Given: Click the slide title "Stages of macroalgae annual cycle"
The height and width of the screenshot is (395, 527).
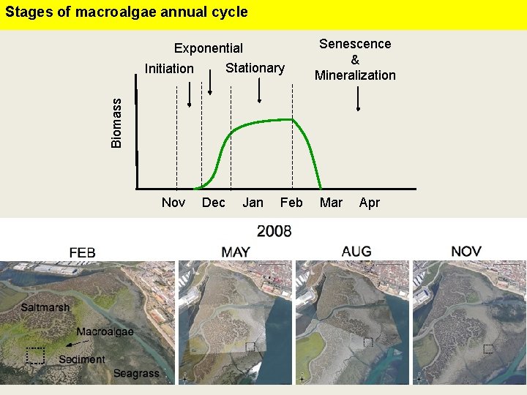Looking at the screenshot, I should [127, 12].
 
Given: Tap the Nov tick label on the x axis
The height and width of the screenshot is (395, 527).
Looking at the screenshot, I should [173, 203].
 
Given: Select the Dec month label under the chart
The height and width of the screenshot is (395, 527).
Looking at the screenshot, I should [213, 203].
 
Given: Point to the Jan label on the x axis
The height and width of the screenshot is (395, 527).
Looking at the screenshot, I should [253, 203].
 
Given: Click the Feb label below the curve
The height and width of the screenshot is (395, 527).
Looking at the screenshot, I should [291, 203].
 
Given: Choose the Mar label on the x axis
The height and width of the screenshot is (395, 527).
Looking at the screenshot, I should [331, 203].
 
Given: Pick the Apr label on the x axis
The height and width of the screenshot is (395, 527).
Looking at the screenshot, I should [370, 203].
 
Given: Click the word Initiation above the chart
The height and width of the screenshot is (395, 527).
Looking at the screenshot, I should [169, 69].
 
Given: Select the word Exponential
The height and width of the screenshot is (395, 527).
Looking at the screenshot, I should [209, 48].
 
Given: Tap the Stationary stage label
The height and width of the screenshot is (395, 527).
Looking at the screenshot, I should [255, 68].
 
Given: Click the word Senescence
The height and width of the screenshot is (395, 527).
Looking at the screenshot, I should [355, 44].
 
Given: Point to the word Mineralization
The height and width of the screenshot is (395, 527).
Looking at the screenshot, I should [355, 75].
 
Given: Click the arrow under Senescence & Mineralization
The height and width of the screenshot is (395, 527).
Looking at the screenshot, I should [358, 99].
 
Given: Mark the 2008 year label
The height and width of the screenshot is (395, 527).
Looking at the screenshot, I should [274, 231].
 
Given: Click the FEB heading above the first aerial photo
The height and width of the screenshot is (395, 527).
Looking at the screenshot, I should [82, 252].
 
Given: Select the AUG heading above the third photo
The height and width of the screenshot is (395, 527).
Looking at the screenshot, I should [356, 251].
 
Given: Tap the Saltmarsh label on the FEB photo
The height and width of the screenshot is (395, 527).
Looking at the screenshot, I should [45, 308].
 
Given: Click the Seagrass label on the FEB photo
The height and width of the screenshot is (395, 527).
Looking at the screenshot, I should [136, 374].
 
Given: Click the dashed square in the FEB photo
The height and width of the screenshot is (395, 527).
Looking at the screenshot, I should [35, 355].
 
